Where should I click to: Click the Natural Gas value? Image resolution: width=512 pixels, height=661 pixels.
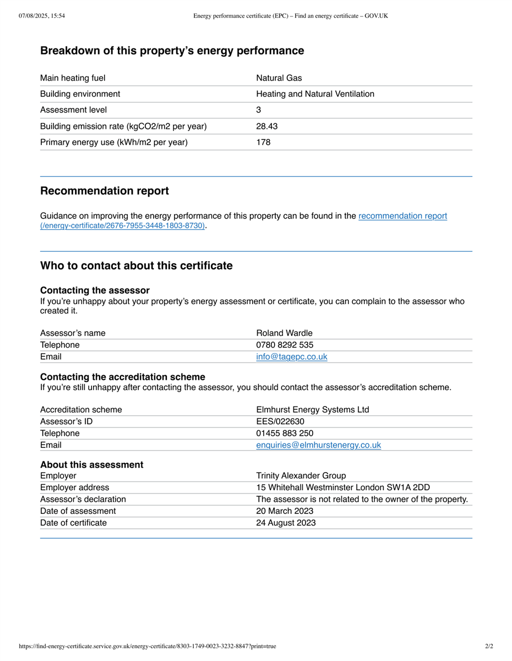(279, 78)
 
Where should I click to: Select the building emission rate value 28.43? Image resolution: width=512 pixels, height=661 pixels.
(267, 126)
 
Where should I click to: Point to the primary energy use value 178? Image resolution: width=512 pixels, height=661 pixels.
(263, 142)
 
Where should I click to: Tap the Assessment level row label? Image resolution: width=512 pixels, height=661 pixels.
(74, 110)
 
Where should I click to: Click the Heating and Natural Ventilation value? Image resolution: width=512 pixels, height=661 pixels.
(315, 94)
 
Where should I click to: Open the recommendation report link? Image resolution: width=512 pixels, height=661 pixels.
(402, 216)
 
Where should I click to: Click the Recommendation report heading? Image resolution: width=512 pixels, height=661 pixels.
(105, 191)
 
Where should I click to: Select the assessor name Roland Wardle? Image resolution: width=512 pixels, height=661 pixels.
(284, 333)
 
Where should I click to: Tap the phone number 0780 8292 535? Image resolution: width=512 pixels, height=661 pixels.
(285, 345)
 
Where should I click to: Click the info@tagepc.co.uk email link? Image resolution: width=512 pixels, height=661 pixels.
(292, 357)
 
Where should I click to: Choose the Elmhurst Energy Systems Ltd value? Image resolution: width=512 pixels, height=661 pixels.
(313, 410)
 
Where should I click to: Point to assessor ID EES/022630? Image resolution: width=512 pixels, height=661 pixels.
(280, 421)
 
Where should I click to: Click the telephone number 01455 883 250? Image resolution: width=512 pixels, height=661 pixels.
(285, 433)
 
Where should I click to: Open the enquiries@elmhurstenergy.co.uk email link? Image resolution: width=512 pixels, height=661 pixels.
(318, 445)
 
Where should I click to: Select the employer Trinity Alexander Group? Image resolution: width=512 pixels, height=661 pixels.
(301, 476)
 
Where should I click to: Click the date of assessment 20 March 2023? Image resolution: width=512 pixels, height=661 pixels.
(285, 511)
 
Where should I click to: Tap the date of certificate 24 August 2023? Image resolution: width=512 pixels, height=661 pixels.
(286, 523)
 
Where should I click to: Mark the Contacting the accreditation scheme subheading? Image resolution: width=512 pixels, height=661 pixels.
(123, 377)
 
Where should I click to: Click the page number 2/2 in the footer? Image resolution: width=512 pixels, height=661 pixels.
(489, 646)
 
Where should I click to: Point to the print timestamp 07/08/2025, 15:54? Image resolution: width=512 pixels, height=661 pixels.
(42, 16)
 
